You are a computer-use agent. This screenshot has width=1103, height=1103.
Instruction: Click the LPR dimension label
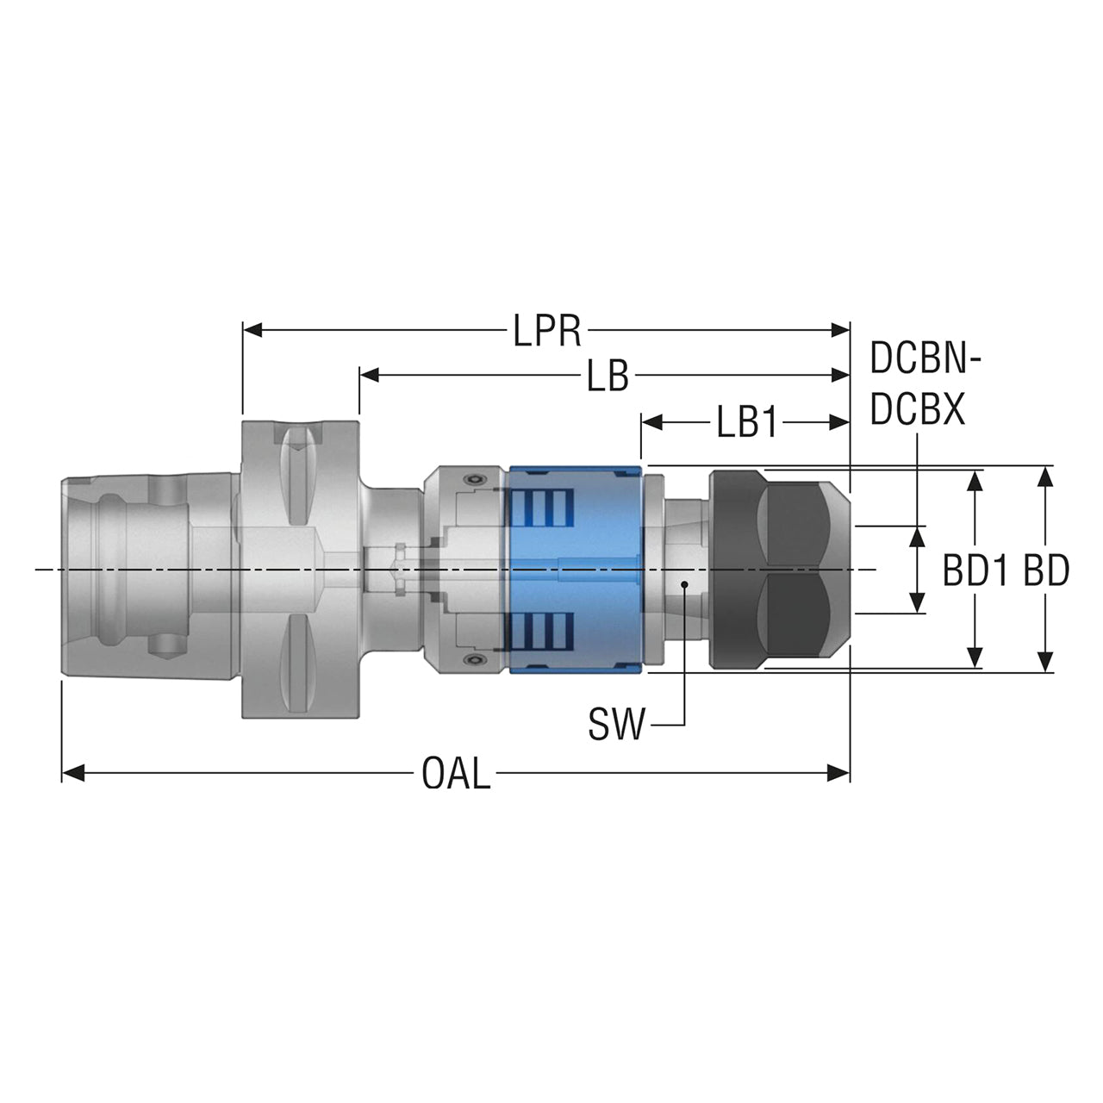coord(546,331)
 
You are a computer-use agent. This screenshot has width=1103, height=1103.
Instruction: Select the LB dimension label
coord(608,376)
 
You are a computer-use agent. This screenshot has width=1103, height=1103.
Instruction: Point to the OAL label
coord(456,773)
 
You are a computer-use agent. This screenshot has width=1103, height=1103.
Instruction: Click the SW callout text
coord(616,724)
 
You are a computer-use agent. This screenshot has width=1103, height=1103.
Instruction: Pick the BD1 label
coord(975,570)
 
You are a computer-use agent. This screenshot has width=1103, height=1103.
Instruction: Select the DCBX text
coord(917,408)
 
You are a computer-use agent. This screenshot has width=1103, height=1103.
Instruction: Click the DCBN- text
coord(925,358)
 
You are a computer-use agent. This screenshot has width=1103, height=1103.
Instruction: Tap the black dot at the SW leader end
coord(684,584)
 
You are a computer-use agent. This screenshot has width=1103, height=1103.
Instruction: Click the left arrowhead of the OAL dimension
coord(72,773)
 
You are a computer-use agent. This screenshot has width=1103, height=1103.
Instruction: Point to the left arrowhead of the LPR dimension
coord(253,330)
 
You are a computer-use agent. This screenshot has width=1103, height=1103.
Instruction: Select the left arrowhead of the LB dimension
coord(369,375)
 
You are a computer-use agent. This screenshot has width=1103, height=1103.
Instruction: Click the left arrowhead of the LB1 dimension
coord(651,422)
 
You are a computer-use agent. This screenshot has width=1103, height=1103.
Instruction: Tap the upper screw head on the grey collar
coord(473,478)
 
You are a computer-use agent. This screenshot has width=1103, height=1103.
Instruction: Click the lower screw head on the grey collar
coord(473,661)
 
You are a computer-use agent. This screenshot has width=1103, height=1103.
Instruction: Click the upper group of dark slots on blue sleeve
coord(540,508)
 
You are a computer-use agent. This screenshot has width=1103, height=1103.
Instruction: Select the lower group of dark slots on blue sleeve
coord(540,631)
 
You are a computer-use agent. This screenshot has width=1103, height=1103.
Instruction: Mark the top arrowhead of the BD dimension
coord(1044,477)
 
